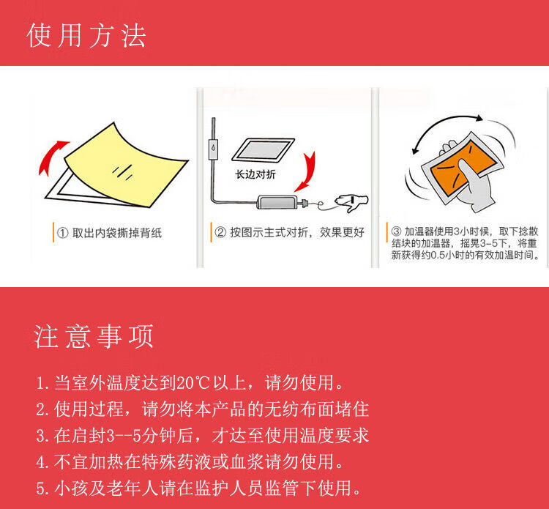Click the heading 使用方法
click(86, 35)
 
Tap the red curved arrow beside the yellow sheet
click(51, 157)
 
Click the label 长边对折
click(255, 175)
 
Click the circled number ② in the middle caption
click(220, 233)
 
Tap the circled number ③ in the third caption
click(396, 230)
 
